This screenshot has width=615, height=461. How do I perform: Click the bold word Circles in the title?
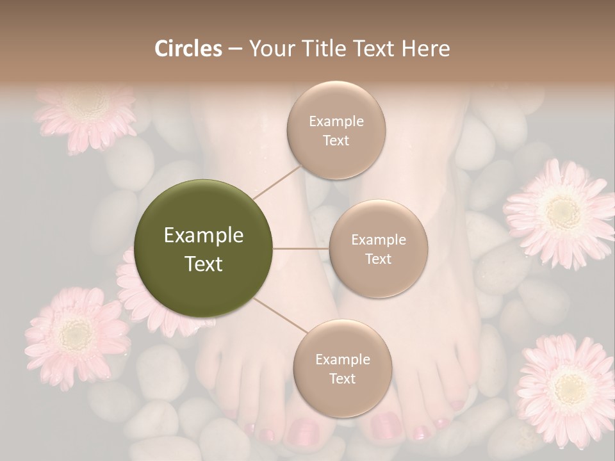[x=188, y=49]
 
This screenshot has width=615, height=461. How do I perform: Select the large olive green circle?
[x=204, y=248]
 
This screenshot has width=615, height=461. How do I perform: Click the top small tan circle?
[x=336, y=131]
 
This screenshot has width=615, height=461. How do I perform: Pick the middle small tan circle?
[x=378, y=248]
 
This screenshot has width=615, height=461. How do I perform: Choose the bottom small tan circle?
[x=342, y=368]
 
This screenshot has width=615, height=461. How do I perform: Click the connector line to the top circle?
[x=277, y=181]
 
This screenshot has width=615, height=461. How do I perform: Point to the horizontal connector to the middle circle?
[x=301, y=248]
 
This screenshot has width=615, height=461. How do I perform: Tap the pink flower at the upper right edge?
[x=562, y=211]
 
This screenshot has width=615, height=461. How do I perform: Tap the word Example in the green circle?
[x=204, y=236]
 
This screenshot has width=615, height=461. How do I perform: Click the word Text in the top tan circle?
[x=336, y=140]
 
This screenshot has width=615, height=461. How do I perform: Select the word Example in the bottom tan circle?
[x=342, y=359]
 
